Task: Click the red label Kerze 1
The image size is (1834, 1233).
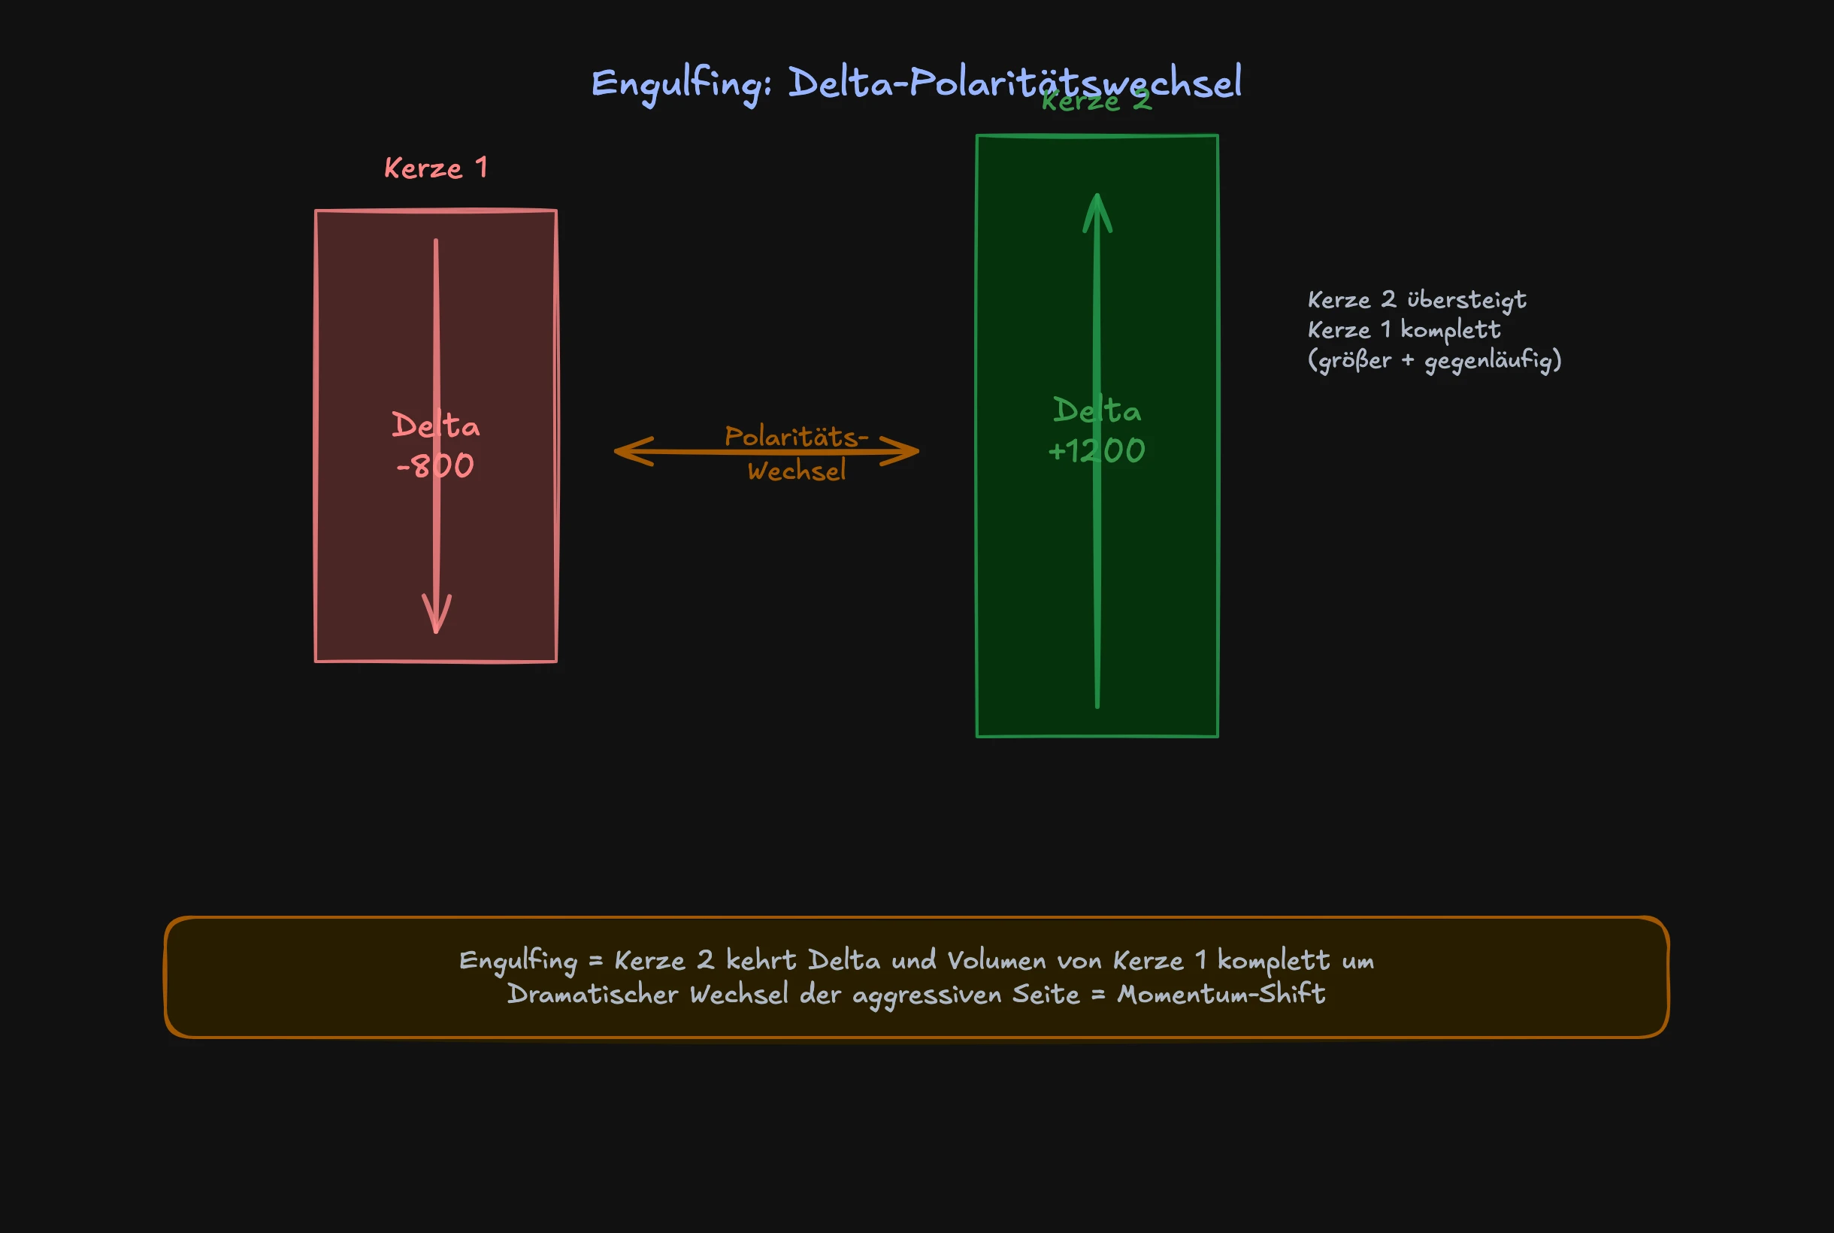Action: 435,168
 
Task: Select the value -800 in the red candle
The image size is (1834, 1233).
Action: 435,466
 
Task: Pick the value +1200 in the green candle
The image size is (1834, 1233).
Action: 1097,451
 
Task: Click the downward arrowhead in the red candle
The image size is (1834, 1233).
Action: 436,617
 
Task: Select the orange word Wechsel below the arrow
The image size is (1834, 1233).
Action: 796,472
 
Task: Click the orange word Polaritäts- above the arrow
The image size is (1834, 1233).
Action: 796,436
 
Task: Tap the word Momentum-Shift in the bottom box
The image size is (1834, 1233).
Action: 1221,995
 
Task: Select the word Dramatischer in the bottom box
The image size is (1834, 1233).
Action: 593,995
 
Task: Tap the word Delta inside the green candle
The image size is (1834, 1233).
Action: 1097,411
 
